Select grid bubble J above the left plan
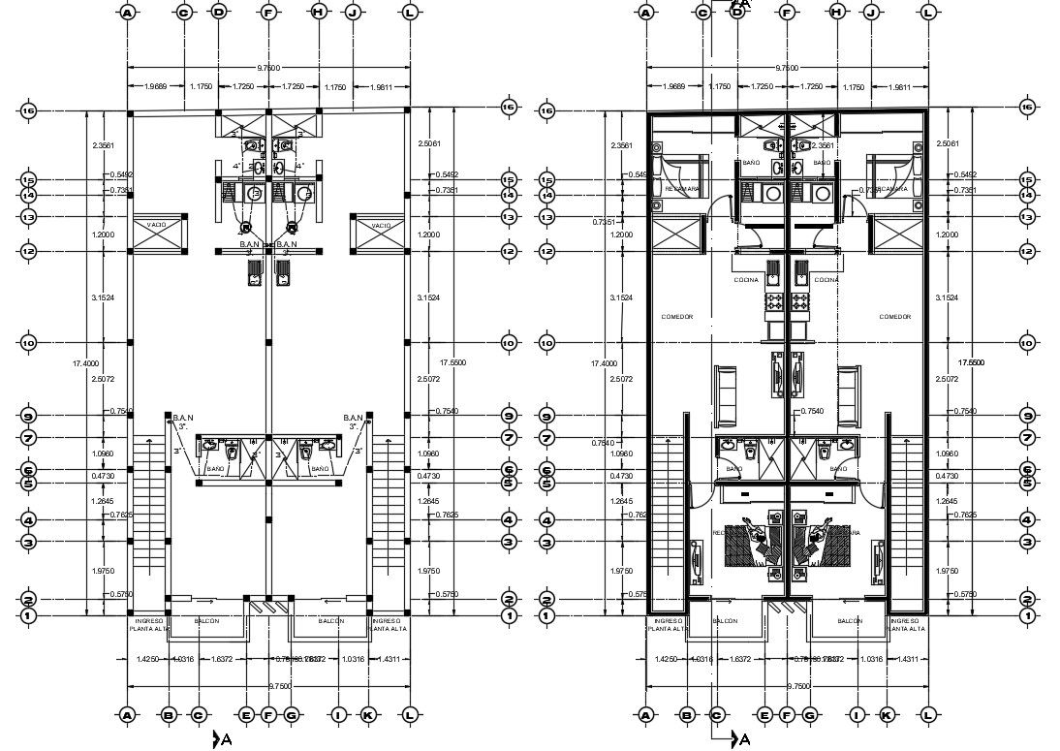(353, 13)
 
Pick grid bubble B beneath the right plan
(687, 715)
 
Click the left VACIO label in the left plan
(156, 225)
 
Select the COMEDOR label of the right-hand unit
(895, 317)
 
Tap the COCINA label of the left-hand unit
(746, 280)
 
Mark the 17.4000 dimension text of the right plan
(603, 362)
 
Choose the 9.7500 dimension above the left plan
(268, 68)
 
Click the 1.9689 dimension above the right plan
(672, 87)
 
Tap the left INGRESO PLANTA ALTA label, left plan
(147, 624)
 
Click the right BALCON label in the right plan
(850, 621)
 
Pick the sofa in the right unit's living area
(849, 395)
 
